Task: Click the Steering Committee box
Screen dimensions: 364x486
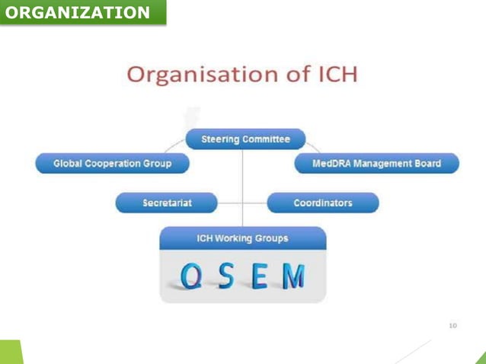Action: click(245, 139)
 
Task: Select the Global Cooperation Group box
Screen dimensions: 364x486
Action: click(112, 164)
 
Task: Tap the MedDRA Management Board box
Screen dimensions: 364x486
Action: click(376, 164)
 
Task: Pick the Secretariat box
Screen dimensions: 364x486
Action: click(166, 203)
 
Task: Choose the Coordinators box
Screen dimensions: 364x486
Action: click(323, 203)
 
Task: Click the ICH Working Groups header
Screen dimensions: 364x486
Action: click(242, 238)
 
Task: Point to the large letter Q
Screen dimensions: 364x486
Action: click(192, 276)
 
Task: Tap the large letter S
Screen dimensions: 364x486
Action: click(226, 276)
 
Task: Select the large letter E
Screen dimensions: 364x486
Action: click(260, 276)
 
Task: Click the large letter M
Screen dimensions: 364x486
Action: click(293, 276)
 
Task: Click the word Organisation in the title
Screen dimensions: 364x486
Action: click(202, 75)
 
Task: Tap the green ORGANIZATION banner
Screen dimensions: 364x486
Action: click(82, 13)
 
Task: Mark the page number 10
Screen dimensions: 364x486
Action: click(453, 325)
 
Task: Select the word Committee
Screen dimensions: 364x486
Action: click(266, 139)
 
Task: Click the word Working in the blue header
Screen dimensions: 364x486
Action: click(238, 238)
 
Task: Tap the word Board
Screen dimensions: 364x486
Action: click(427, 164)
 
